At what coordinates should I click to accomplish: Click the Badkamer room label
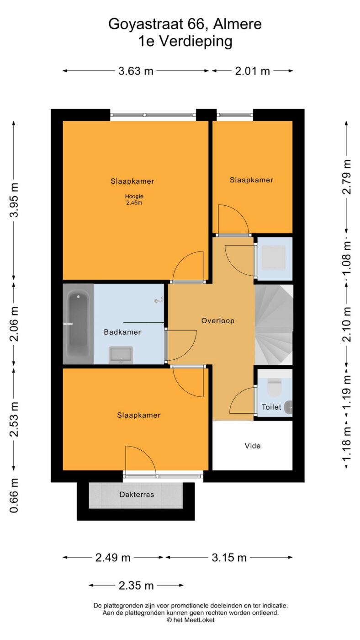122,332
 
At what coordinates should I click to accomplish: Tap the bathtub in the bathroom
78,324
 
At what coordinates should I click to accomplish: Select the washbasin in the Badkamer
121,355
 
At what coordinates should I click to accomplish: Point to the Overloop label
218,320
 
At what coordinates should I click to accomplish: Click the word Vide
252,446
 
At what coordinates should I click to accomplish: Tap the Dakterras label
137,494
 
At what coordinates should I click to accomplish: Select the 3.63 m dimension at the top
136,71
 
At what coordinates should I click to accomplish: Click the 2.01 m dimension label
252,71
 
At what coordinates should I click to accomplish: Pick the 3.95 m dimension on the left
14,200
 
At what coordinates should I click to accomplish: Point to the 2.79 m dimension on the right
346,177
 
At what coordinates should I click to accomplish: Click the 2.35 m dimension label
136,585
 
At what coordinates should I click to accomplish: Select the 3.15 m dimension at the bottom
229,557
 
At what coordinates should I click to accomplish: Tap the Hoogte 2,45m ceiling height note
134,199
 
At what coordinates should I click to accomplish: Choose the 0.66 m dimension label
14,496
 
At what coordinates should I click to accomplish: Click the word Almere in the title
237,24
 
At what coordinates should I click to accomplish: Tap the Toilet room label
271,407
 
